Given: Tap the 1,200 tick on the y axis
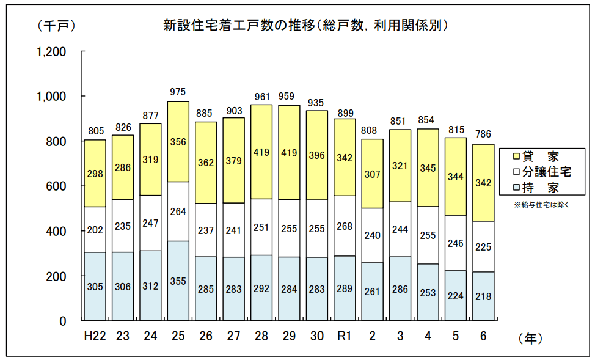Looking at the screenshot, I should coord(52,52).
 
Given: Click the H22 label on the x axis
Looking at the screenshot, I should coord(95,337).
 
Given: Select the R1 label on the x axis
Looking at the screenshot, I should coord(345,337).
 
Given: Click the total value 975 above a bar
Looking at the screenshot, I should coord(178,92).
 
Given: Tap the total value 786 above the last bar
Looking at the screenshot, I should coord(483,134).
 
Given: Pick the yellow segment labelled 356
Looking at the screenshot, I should coord(178,142).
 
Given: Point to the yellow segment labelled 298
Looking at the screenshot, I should coord(95,174).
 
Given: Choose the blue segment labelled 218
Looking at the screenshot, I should coord(483,297).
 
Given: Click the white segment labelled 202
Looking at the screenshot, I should coord(95,230).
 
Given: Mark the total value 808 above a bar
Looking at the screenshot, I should coord(371,130).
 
